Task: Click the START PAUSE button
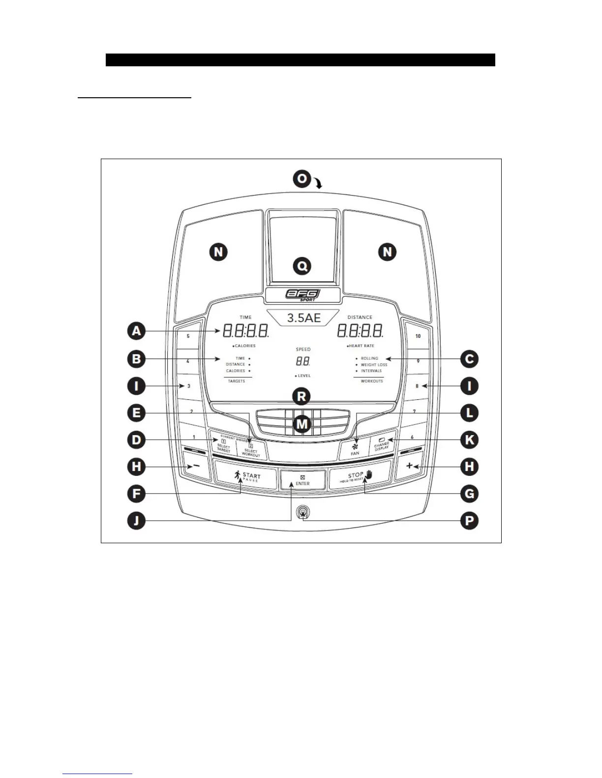[246, 476]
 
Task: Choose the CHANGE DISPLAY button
[382, 445]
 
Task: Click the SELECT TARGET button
[223, 446]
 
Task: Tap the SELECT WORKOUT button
[251, 450]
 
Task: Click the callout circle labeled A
[136, 331]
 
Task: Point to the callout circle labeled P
[469, 521]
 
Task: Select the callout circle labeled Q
[301, 266]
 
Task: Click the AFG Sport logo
[302, 295]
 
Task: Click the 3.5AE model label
[303, 318]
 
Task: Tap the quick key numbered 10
[418, 336]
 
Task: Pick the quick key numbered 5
[188, 336]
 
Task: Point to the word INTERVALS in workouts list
[371, 371]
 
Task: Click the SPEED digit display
[302, 361]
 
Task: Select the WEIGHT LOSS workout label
[374, 365]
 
